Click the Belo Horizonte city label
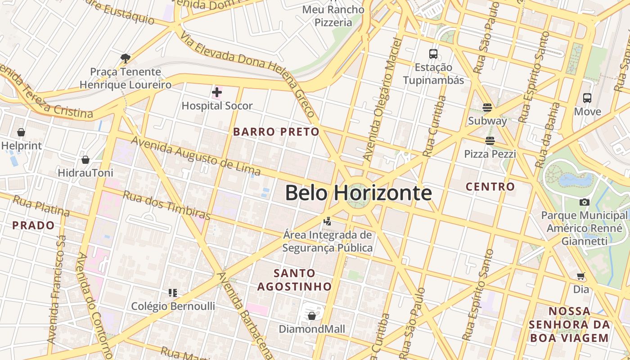(x=358, y=193)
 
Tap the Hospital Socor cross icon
(x=217, y=93)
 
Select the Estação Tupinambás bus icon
(x=433, y=54)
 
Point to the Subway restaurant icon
(x=487, y=108)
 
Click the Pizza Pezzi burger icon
(x=490, y=141)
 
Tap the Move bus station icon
(x=587, y=98)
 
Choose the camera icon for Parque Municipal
(x=585, y=202)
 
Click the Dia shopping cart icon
(x=581, y=276)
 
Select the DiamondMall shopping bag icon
(x=312, y=316)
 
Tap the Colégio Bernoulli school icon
(x=173, y=293)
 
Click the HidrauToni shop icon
(x=85, y=160)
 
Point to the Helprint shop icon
(x=21, y=132)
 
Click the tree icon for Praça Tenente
(x=126, y=58)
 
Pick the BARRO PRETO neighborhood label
(x=276, y=132)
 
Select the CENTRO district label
(x=490, y=186)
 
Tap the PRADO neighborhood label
(x=33, y=225)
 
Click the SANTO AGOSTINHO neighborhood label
(x=294, y=279)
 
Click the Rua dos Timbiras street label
(x=166, y=205)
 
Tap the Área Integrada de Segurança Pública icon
(x=328, y=221)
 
